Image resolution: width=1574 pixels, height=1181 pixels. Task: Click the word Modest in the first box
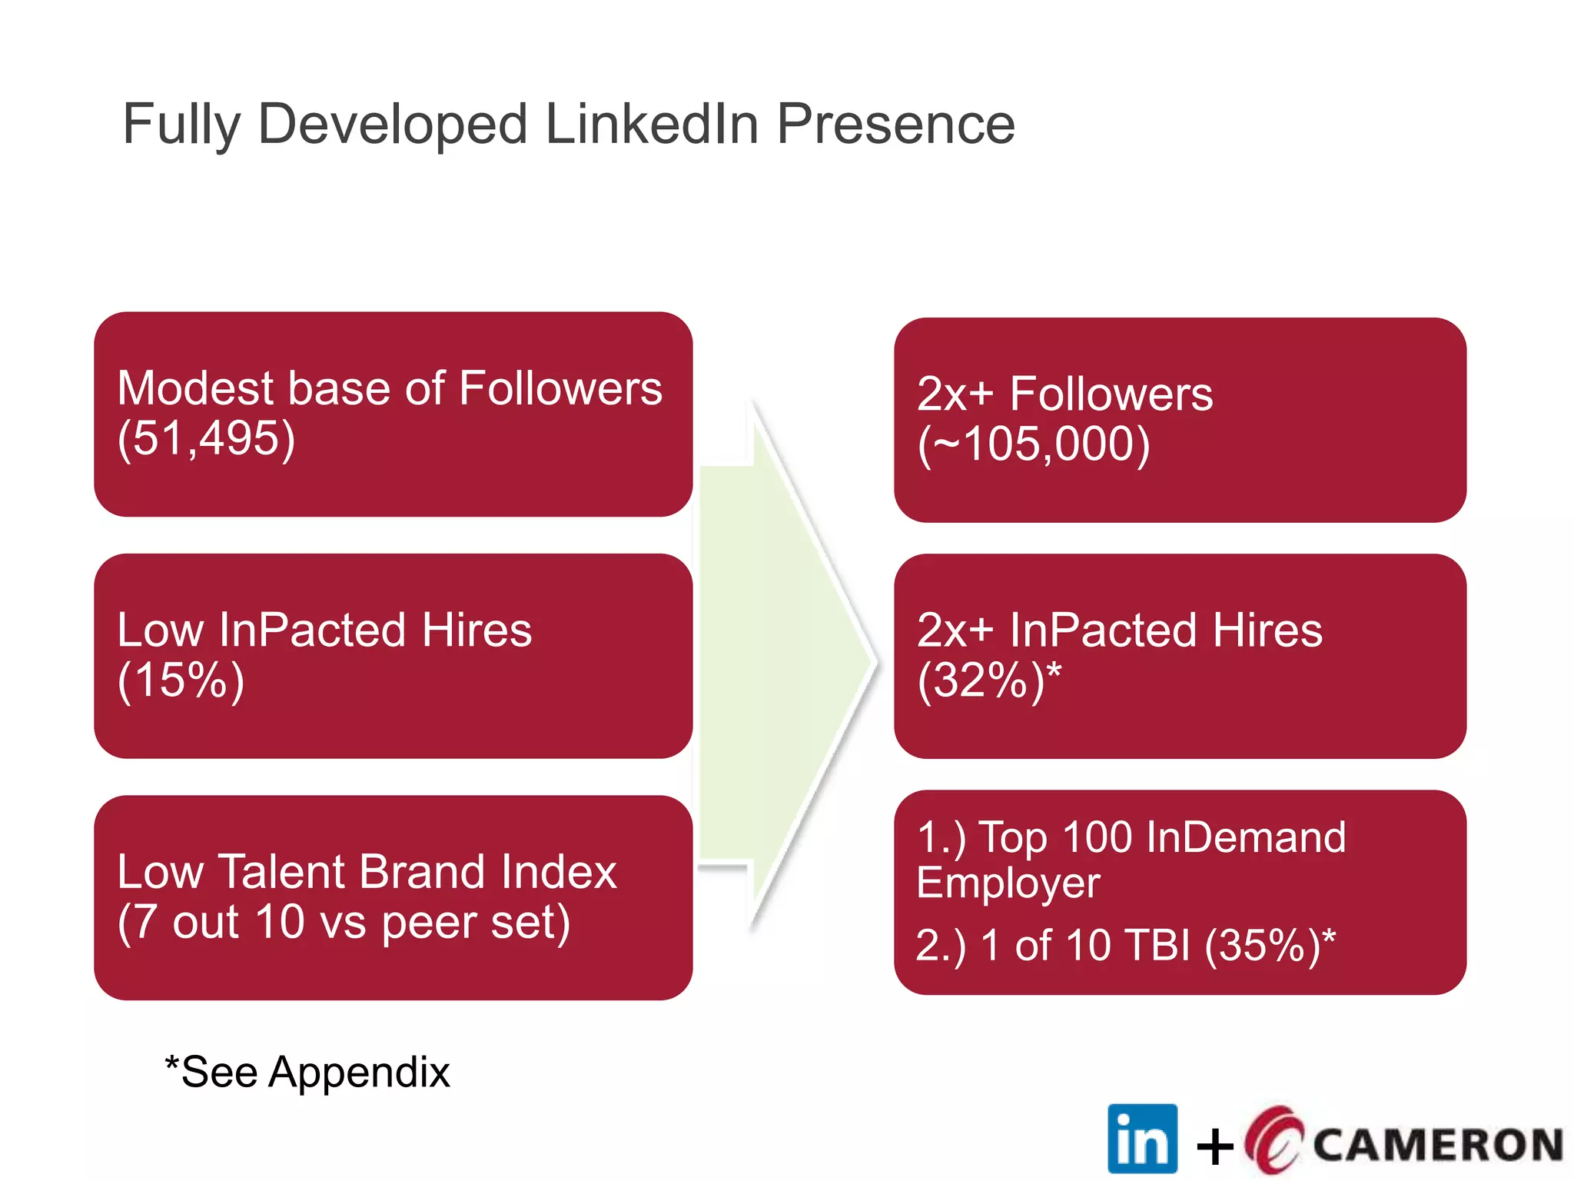[195, 388]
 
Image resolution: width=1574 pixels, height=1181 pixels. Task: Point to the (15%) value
[181, 680]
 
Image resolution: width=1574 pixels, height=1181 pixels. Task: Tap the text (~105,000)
[1034, 445]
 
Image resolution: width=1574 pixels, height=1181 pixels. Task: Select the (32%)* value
[989, 680]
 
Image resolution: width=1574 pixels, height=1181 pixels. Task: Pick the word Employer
[1008, 883]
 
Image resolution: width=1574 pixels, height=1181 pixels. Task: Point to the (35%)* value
[1270, 945]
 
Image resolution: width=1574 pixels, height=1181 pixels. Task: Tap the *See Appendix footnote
[307, 1072]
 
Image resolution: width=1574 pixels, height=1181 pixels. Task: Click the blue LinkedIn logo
[1142, 1139]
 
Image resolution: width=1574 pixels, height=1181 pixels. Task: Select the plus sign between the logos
[1215, 1146]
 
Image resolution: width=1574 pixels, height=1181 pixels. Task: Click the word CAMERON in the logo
[1437, 1145]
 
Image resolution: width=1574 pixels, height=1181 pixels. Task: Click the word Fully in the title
[181, 125]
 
